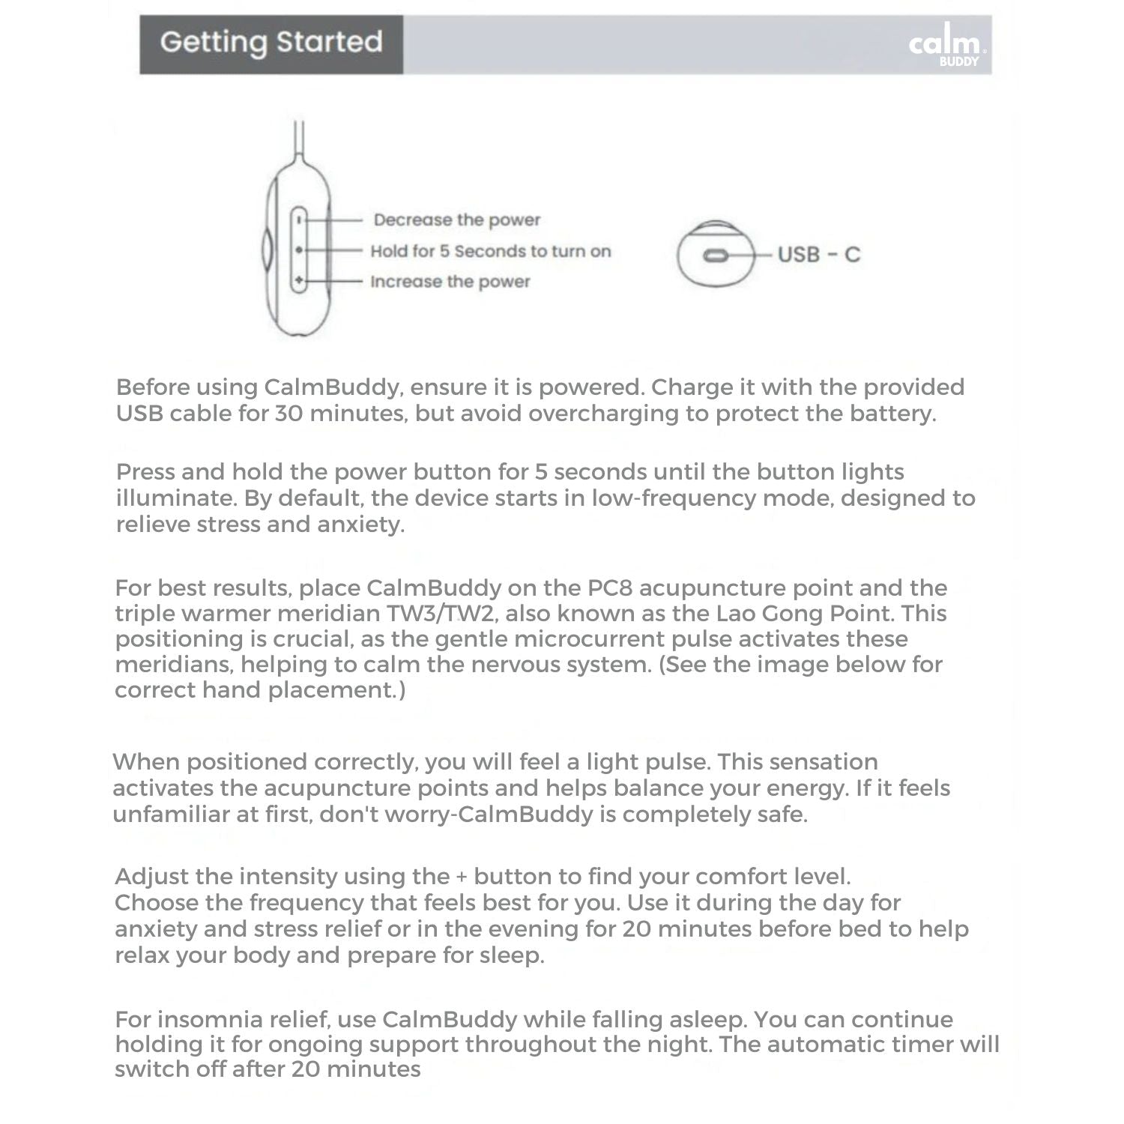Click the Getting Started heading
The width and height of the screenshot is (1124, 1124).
click(x=271, y=42)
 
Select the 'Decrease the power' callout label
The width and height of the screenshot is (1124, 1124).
click(x=456, y=220)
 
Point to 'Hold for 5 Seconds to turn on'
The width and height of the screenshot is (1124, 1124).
click(x=490, y=251)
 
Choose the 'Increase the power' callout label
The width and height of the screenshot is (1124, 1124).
click(x=450, y=282)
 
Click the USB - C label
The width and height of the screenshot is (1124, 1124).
click(x=818, y=255)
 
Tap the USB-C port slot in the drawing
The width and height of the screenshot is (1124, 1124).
click(x=716, y=256)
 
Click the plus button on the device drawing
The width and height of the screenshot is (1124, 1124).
click(x=299, y=281)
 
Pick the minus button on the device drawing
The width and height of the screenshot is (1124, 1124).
click(x=299, y=220)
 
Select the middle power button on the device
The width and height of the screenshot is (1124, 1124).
click(x=299, y=250)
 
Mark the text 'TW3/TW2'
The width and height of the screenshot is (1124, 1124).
click(x=442, y=614)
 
